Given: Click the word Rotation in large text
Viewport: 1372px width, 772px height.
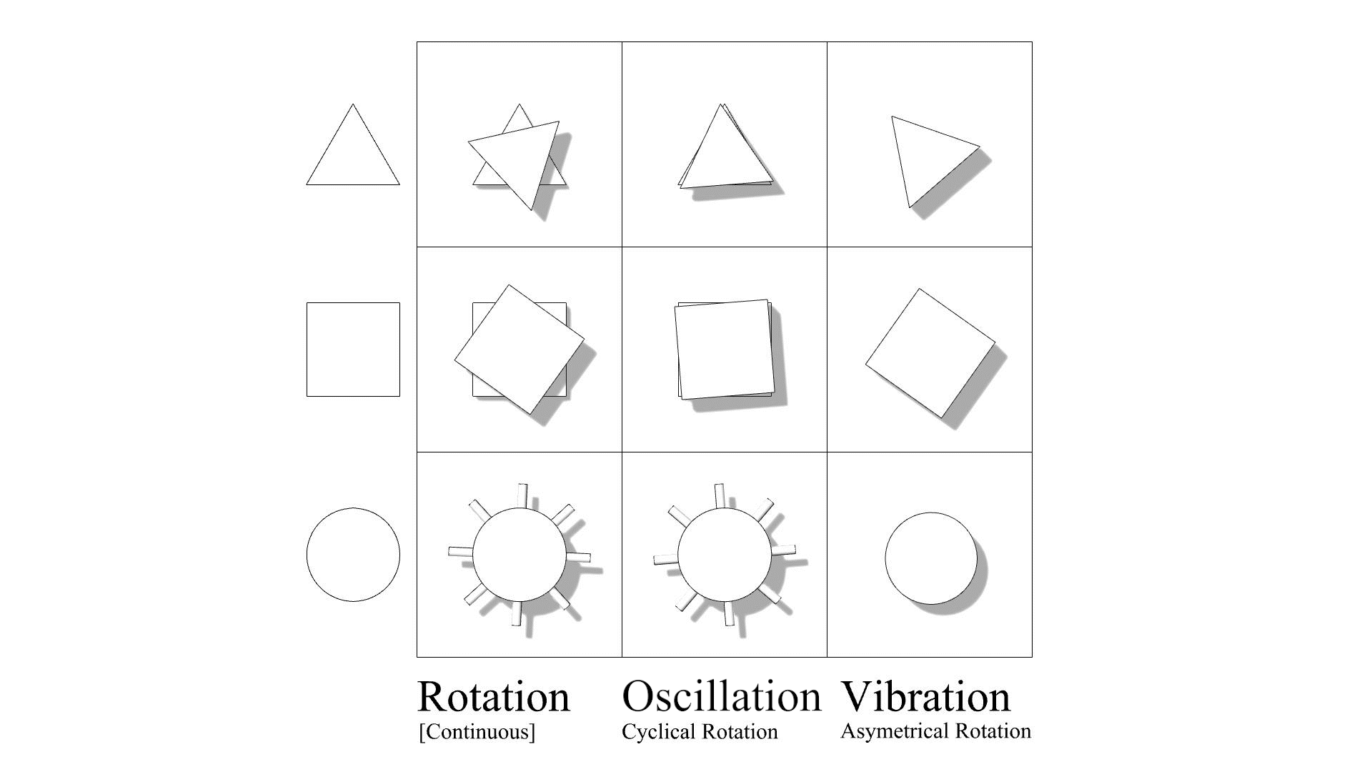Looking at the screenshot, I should click(x=493, y=696).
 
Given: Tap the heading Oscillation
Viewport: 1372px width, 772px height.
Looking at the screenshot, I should click(x=722, y=696).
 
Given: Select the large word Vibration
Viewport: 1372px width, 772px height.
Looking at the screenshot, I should click(x=925, y=696).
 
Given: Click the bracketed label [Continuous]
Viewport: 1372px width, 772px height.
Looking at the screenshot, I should click(x=477, y=732).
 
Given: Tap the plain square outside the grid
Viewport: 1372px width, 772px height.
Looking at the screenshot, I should click(x=353, y=350).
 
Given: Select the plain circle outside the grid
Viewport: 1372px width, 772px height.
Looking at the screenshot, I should click(x=353, y=555).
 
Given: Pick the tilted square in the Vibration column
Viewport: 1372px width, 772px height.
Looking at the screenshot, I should click(x=930, y=353).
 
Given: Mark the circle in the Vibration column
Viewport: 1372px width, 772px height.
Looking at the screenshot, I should click(x=930, y=558).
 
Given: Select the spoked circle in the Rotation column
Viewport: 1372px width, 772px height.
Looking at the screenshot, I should click(x=520, y=555).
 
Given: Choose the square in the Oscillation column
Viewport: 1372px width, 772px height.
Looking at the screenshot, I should click(x=724, y=350).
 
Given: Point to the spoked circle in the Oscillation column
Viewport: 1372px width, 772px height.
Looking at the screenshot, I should click(x=725, y=555).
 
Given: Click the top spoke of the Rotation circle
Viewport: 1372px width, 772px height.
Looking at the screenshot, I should click(x=523, y=495).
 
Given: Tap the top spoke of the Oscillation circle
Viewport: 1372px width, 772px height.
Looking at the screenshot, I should click(x=720, y=495).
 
